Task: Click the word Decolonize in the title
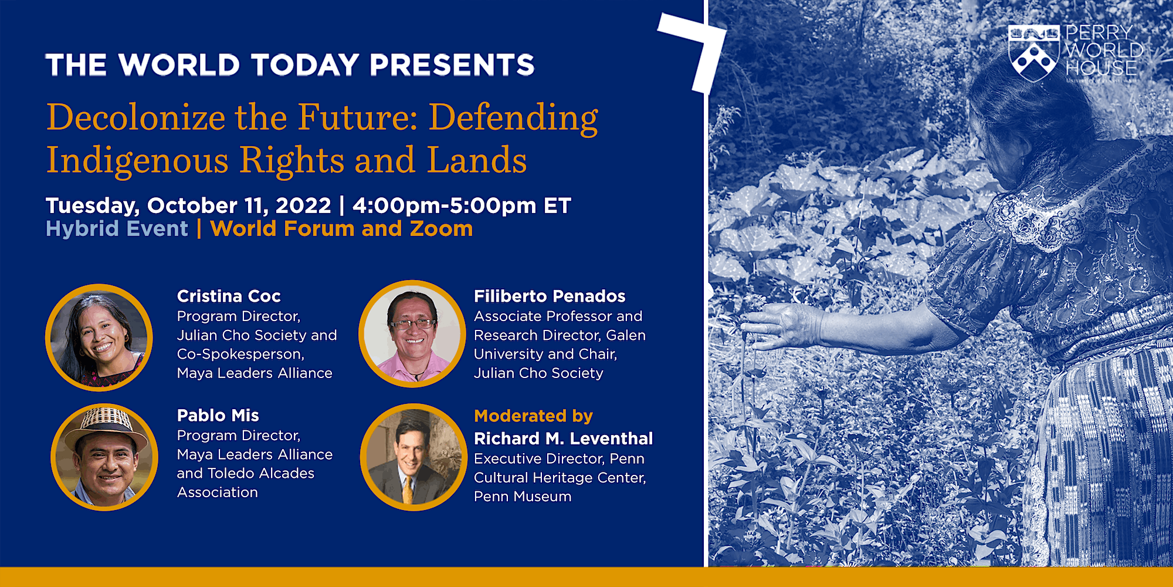(135, 117)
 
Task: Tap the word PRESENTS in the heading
(452, 65)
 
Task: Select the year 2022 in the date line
(303, 205)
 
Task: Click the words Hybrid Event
(117, 228)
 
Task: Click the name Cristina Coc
(229, 296)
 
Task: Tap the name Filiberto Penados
(550, 296)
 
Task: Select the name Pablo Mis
(218, 415)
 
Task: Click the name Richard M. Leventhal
(563, 438)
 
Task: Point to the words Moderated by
(533, 416)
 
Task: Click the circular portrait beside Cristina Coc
(99, 338)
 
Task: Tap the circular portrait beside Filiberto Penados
(412, 333)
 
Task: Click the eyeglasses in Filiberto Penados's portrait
(412, 323)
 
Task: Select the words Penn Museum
(523, 497)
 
